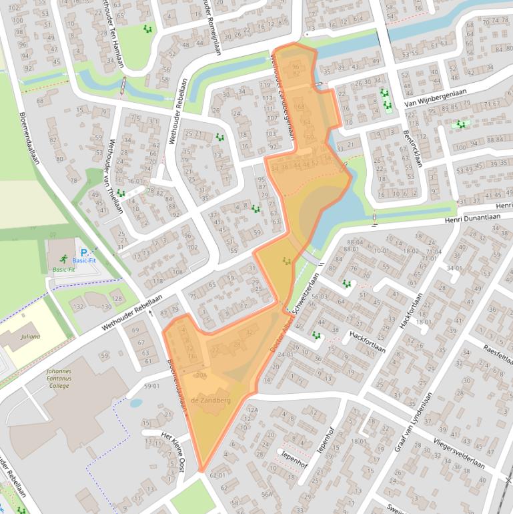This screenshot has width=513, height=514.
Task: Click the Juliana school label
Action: point(30,336)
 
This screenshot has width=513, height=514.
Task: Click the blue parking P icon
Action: point(84,252)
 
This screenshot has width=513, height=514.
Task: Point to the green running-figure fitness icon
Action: point(63,259)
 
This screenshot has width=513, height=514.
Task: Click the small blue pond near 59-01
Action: point(135,403)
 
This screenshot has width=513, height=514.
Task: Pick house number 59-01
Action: point(152,386)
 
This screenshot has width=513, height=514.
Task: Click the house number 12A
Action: point(252,409)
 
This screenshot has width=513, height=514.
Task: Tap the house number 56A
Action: point(268,494)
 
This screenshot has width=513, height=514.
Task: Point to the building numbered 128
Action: point(117,298)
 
